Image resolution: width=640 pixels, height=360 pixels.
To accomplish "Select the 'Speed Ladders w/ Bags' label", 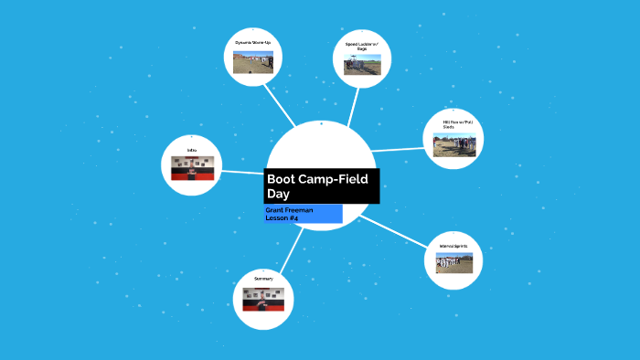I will pyautogui.click(x=362, y=46).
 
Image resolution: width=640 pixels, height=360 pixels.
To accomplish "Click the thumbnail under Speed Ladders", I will pyautogui.click(x=362, y=64).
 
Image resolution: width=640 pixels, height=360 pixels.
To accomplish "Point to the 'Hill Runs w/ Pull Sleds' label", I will pyautogui.click(x=454, y=124).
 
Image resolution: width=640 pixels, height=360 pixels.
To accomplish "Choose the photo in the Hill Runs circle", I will pyautogui.click(x=454, y=145).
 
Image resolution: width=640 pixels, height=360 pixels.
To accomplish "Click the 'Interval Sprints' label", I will pyautogui.click(x=454, y=246).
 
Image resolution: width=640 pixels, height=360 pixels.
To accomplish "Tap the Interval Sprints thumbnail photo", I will pyautogui.click(x=454, y=263).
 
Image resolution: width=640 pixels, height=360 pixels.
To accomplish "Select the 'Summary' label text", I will pyautogui.click(x=264, y=279).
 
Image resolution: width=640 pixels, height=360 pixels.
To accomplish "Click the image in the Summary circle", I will pyautogui.click(x=264, y=299).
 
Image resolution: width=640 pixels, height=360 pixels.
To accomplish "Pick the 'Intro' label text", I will pyautogui.click(x=192, y=150).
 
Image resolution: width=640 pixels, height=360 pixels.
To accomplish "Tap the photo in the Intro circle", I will pyautogui.click(x=192, y=168).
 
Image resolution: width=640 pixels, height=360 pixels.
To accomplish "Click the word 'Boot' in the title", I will pyautogui.click(x=284, y=179).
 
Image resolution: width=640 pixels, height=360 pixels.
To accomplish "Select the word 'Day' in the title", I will pyautogui.click(x=278, y=195).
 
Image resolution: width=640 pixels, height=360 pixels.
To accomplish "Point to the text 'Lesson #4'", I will pyautogui.click(x=283, y=218).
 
